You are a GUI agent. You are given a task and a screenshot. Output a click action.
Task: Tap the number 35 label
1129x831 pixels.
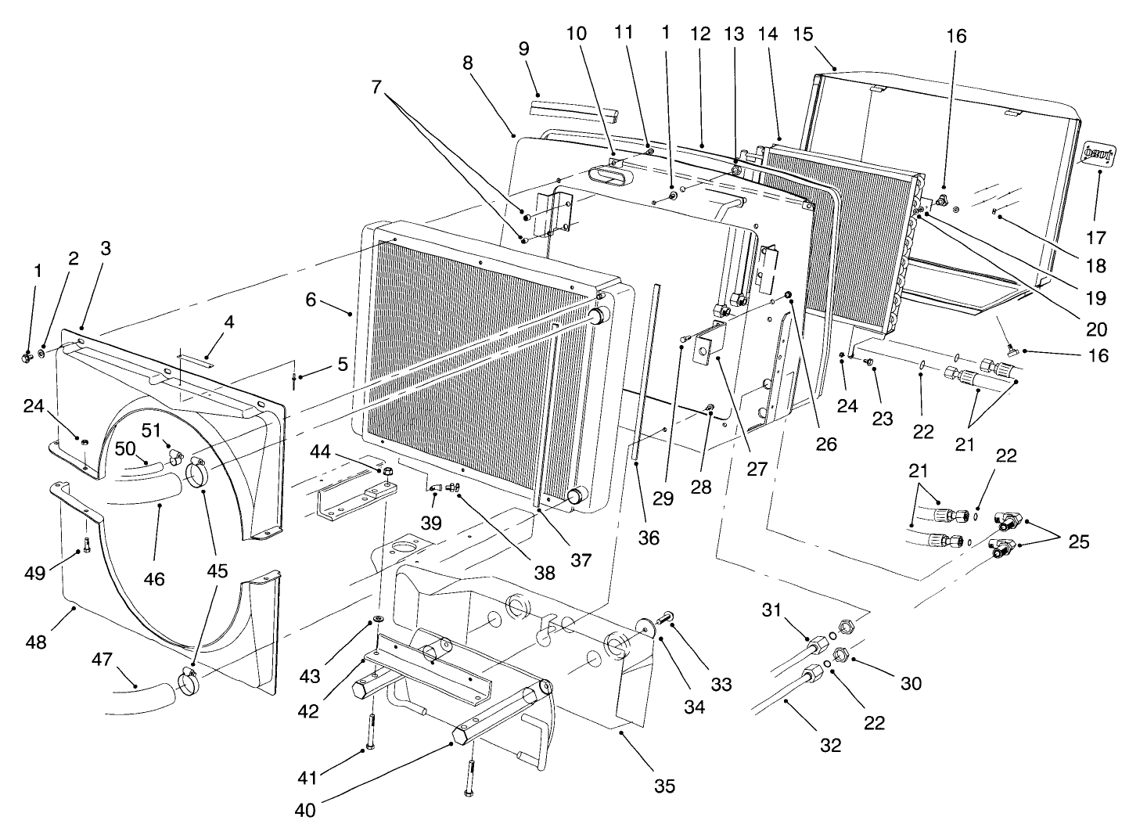click(x=663, y=786)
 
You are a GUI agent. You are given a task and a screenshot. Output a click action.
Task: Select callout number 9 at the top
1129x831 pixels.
click(x=523, y=49)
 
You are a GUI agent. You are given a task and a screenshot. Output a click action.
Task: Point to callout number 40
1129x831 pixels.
click(x=306, y=811)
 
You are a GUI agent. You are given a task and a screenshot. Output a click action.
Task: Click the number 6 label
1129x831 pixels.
click(x=311, y=300)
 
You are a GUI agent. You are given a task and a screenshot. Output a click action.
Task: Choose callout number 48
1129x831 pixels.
click(x=36, y=642)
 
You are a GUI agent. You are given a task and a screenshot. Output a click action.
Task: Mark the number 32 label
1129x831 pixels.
click(x=830, y=745)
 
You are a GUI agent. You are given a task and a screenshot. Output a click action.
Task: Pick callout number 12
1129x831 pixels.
click(x=699, y=34)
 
